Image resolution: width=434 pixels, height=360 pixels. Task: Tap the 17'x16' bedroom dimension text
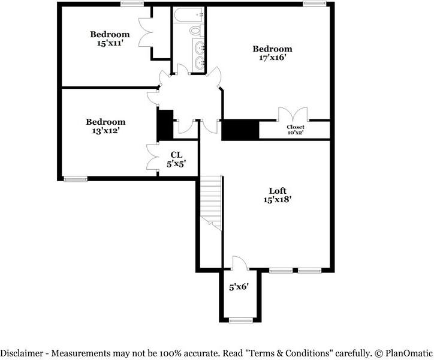pyautogui.click(x=272, y=58)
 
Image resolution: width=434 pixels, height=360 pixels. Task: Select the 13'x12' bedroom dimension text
pyautogui.click(x=105, y=131)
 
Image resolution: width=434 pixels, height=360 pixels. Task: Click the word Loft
pyautogui.click(x=277, y=191)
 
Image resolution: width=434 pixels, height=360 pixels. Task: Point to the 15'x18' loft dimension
pyautogui.click(x=277, y=200)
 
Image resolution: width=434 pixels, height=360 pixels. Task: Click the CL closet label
pyautogui.click(x=176, y=155)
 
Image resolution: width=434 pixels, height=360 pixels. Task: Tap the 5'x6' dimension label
pyautogui.click(x=240, y=287)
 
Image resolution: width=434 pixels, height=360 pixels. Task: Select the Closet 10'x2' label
pyautogui.click(x=295, y=130)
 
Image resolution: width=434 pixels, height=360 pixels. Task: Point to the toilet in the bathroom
pyautogui.click(x=195, y=30)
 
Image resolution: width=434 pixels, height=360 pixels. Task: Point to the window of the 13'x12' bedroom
pyautogui.click(x=74, y=178)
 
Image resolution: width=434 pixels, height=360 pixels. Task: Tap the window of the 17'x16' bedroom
pyautogui.click(x=312, y=4)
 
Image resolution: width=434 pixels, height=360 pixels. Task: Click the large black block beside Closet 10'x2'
pyautogui.click(x=240, y=130)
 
